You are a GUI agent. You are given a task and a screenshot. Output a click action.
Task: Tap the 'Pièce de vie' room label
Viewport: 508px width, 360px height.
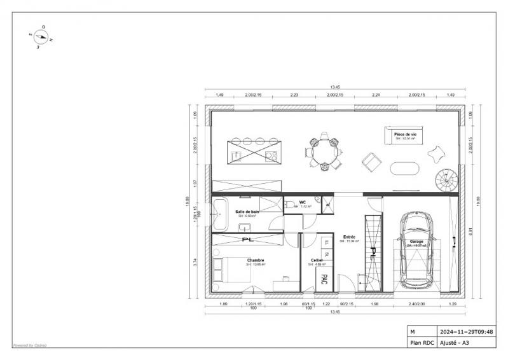click(x=405, y=135)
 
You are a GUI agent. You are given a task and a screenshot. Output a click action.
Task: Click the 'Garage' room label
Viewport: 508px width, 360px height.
click(x=417, y=242)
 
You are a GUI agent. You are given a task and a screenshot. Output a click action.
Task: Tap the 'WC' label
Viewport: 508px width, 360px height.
click(x=303, y=203)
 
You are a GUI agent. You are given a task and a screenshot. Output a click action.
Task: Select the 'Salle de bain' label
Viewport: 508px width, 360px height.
click(x=247, y=211)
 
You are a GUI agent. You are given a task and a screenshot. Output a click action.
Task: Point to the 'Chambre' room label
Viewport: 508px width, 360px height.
click(x=256, y=260)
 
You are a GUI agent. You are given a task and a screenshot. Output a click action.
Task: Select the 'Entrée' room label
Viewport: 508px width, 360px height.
click(x=349, y=237)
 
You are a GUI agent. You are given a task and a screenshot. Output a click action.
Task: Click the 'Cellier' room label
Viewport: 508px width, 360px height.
click(x=317, y=260)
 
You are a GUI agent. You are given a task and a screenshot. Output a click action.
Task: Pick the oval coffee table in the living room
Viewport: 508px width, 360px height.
click(x=404, y=169)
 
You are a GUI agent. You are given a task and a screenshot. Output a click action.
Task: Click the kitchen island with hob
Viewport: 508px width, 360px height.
click(x=252, y=149)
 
